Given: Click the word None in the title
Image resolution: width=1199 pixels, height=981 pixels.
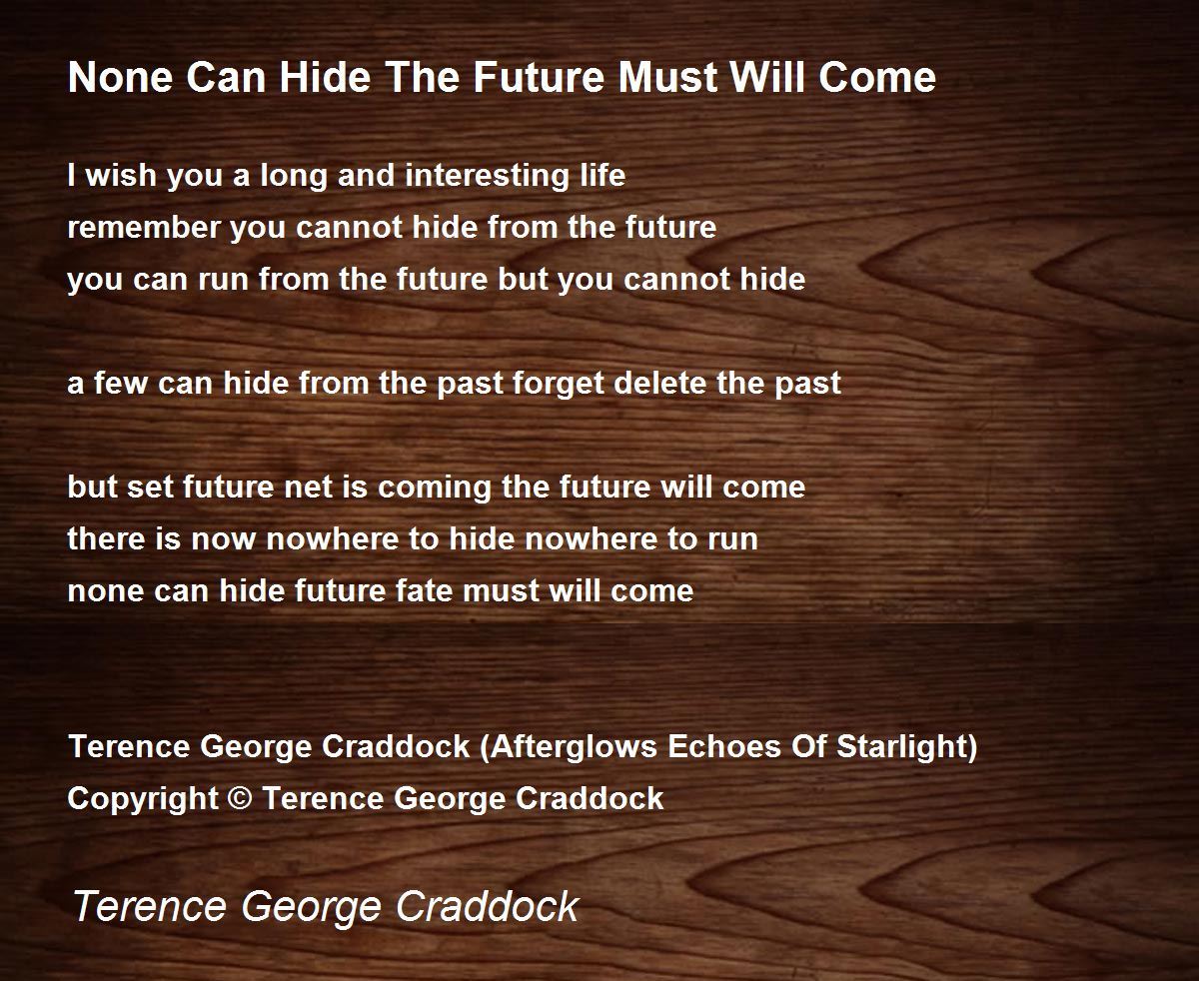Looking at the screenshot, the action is [x=121, y=77].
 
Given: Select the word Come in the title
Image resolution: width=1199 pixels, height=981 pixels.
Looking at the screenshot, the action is [x=877, y=77].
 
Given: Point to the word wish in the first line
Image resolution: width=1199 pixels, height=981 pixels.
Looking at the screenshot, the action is [x=121, y=175].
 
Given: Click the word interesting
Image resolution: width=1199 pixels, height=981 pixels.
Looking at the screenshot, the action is [x=488, y=175].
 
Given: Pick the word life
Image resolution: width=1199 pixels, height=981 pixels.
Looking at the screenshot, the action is [x=602, y=175].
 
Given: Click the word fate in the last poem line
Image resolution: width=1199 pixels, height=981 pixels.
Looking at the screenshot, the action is [x=424, y=590].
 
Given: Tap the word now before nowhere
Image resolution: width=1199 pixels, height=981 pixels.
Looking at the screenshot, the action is [x=224, y=539].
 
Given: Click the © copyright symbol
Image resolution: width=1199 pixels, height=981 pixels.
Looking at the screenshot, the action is [x=240, y=798].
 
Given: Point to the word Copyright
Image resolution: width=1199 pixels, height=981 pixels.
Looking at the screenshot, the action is [x=143, y=799].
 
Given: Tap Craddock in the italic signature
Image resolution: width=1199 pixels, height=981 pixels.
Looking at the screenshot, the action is [x=487, y=906].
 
